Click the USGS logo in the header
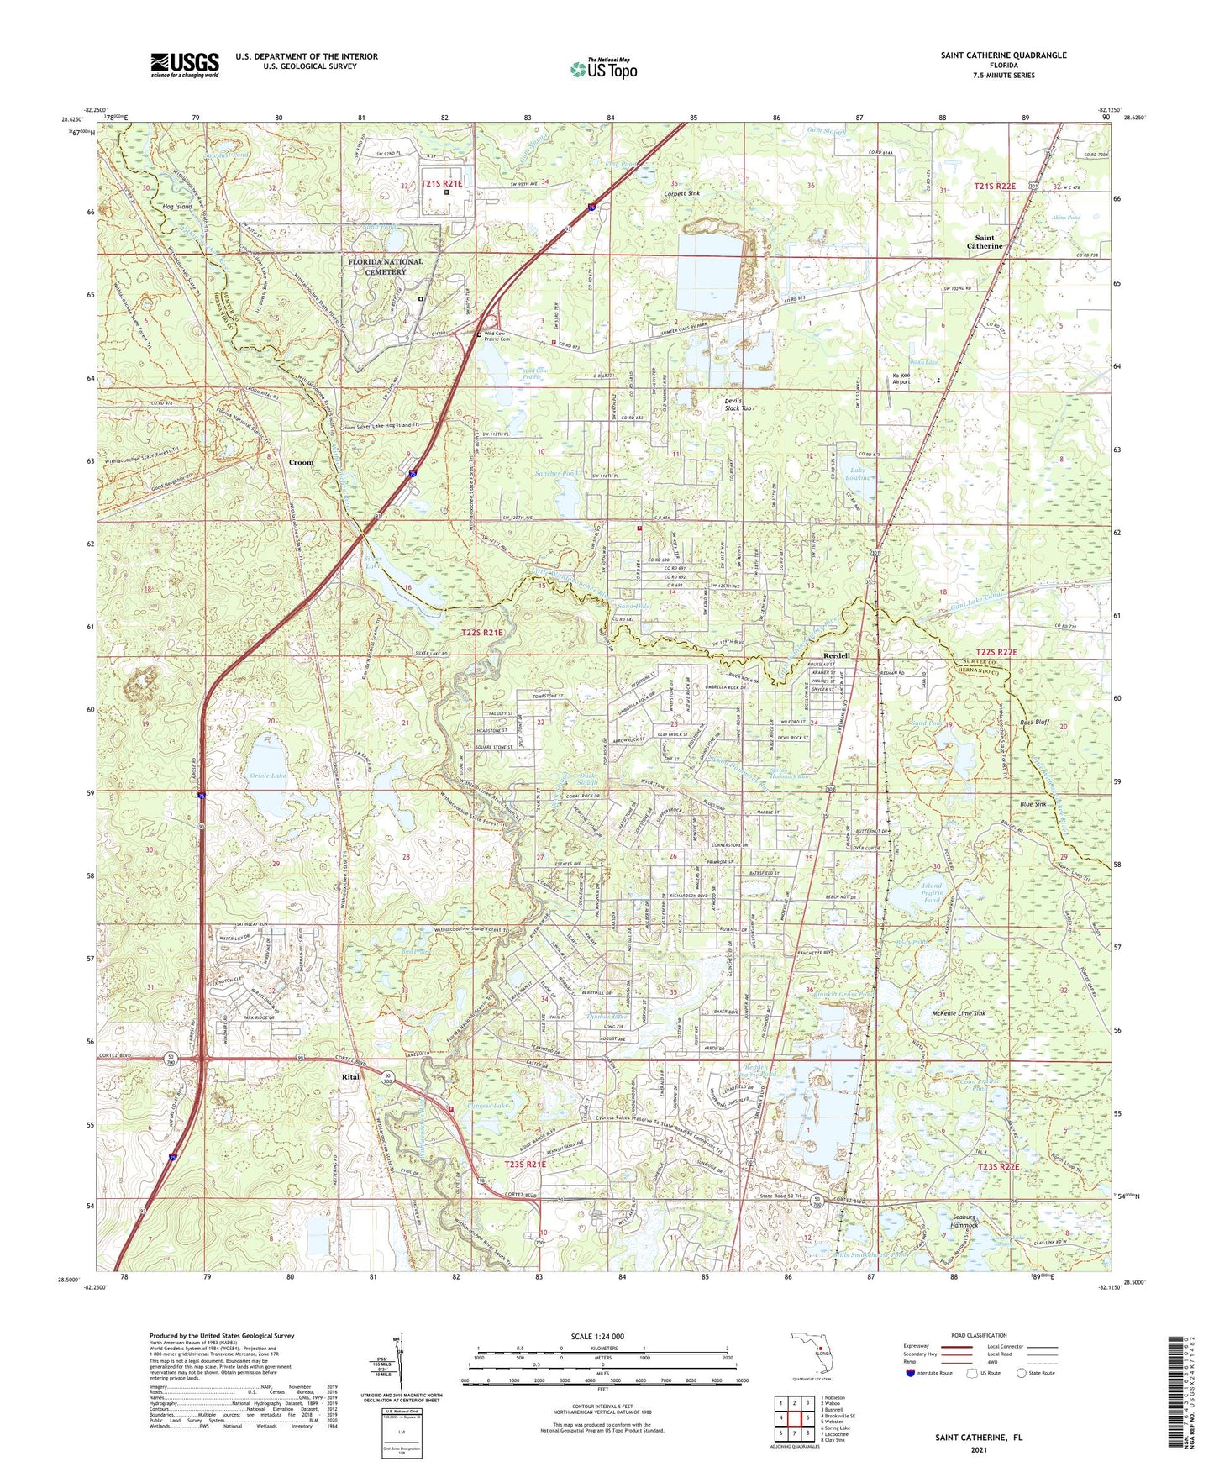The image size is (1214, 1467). point(185,65)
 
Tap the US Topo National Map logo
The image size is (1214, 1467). point(603,69)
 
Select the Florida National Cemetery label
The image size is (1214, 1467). point(386,266)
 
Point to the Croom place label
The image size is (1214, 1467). point(301,462)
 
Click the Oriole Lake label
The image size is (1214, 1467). point(267,776)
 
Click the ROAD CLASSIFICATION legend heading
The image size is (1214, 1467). point(978,1335)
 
